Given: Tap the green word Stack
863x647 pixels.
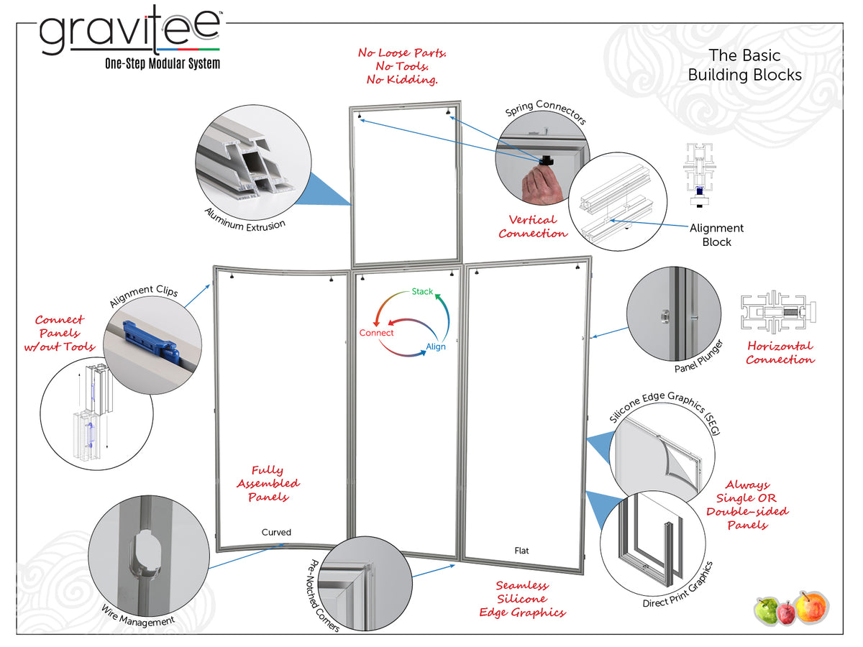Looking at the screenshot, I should click(422, 291).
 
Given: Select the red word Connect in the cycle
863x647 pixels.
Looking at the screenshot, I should click(377, 333).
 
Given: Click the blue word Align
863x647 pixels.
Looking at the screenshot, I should click(436, 347).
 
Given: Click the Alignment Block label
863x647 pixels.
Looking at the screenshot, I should click(716, 235).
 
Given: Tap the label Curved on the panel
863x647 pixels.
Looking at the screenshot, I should click(276, 533).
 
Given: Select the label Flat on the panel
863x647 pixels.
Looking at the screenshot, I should click(522, 551).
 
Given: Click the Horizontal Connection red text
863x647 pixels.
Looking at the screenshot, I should click(780, 352).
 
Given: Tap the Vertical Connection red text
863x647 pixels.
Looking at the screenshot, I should click(533, 226).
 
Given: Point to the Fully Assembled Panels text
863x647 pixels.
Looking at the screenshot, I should click(268, 484).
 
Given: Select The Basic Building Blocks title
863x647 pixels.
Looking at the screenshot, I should click(744, 65).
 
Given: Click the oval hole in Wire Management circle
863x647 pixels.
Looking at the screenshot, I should click(140, 554).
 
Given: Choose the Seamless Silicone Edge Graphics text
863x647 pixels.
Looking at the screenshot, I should click(522, 599).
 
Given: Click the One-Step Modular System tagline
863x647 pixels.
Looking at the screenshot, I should click(163, 64).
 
